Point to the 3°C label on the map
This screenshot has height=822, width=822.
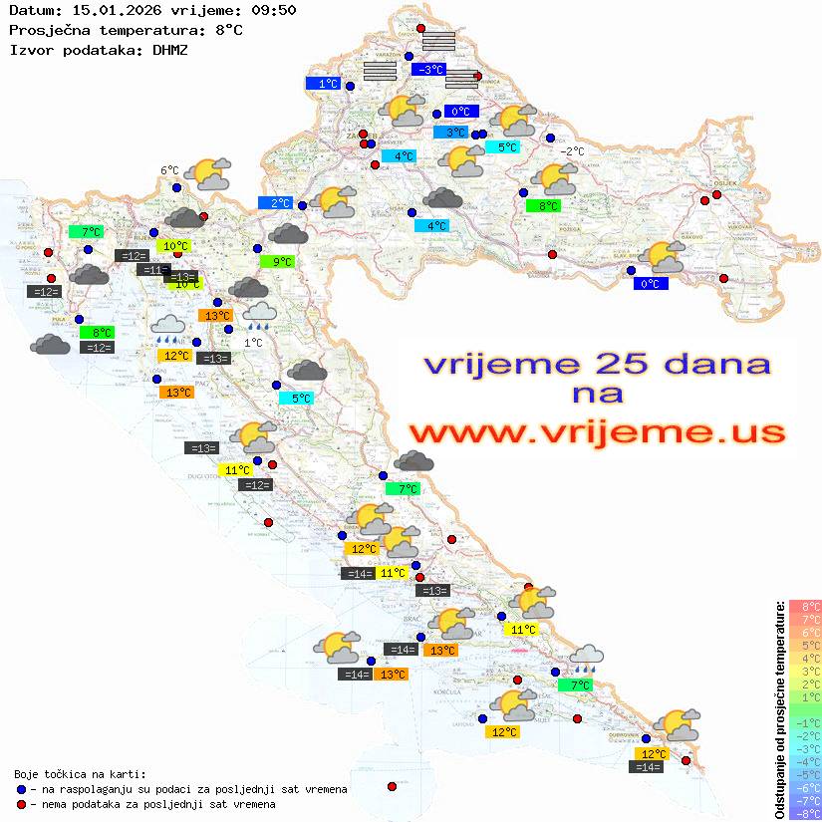(453, 133)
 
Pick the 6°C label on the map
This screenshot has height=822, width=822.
(169, 170)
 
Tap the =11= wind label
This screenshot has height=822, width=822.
(153, 270)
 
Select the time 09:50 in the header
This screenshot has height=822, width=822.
(275, 11)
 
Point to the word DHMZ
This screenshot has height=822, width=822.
(170, 49)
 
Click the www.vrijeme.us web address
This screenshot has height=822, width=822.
(596, 432)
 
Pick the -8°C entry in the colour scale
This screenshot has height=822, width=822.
(804, 814)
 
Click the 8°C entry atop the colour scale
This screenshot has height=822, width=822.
(804, 607)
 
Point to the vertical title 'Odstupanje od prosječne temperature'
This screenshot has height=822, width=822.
(779, 709)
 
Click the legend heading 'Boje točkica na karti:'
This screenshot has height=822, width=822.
(80, 774)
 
